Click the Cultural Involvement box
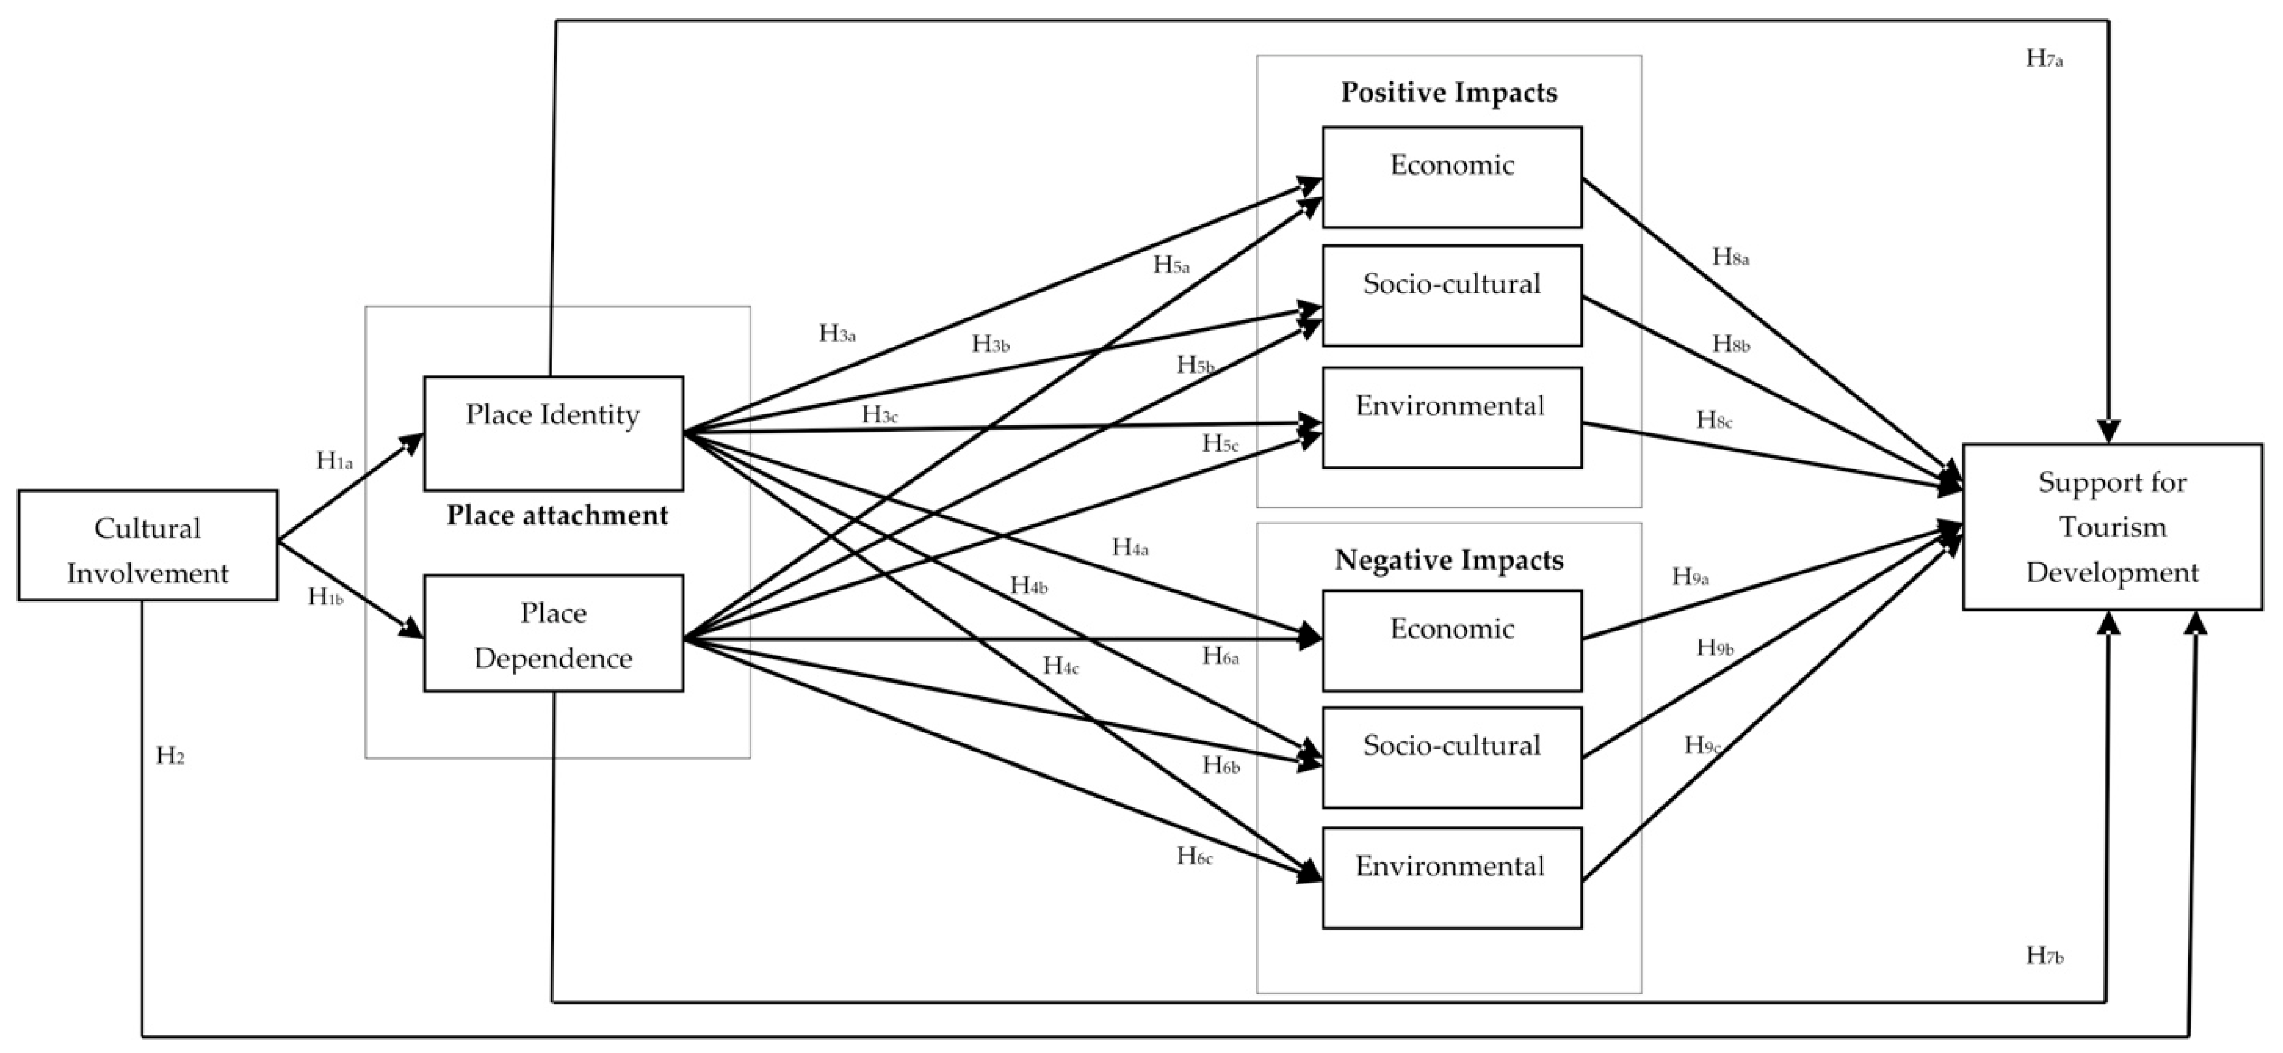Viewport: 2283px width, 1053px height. (147, 546)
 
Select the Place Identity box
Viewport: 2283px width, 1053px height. (553, 433)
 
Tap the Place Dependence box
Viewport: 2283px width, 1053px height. (553, 633)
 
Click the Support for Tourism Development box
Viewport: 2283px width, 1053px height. (2112, 527)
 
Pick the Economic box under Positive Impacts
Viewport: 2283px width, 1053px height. (1452, 176)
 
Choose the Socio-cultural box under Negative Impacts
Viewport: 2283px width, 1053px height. (1452, 757)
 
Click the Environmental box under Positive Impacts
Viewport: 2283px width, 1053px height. (1452, 418)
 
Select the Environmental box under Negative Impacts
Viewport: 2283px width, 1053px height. (1452, 877)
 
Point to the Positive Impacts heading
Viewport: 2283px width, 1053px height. (1449, 92)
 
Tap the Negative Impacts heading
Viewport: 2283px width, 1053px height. (1449, 560)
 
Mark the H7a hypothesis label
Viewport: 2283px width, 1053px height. (2044, 59)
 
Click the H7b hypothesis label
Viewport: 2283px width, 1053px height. (2044, 955)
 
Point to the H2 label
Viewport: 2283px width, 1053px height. (170, 756)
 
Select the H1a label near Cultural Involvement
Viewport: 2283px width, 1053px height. (334, 461)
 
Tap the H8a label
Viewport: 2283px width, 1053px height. (1730, 257)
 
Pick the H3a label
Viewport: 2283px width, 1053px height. (837, 333)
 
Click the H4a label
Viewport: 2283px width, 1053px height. (1130, 548)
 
